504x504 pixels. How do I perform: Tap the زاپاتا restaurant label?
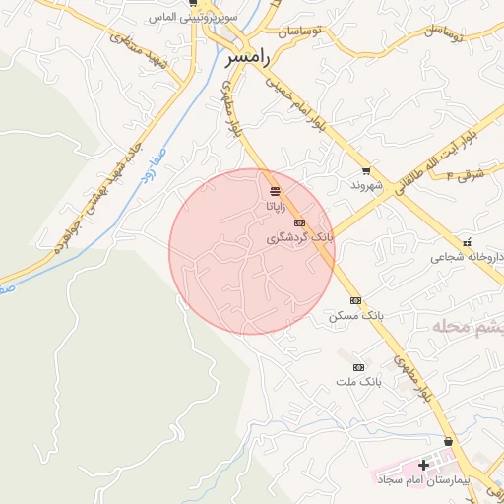276,207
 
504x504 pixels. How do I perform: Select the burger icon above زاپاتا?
275,189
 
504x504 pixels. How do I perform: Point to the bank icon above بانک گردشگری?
299,222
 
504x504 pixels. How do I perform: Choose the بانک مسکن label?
355,317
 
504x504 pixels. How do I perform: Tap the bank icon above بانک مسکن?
355,300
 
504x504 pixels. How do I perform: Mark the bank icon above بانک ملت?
357,366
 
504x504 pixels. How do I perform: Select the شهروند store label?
365,185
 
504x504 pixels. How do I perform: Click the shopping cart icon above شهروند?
366,170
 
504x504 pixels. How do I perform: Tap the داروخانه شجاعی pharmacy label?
458,258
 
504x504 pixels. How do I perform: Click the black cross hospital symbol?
423,465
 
